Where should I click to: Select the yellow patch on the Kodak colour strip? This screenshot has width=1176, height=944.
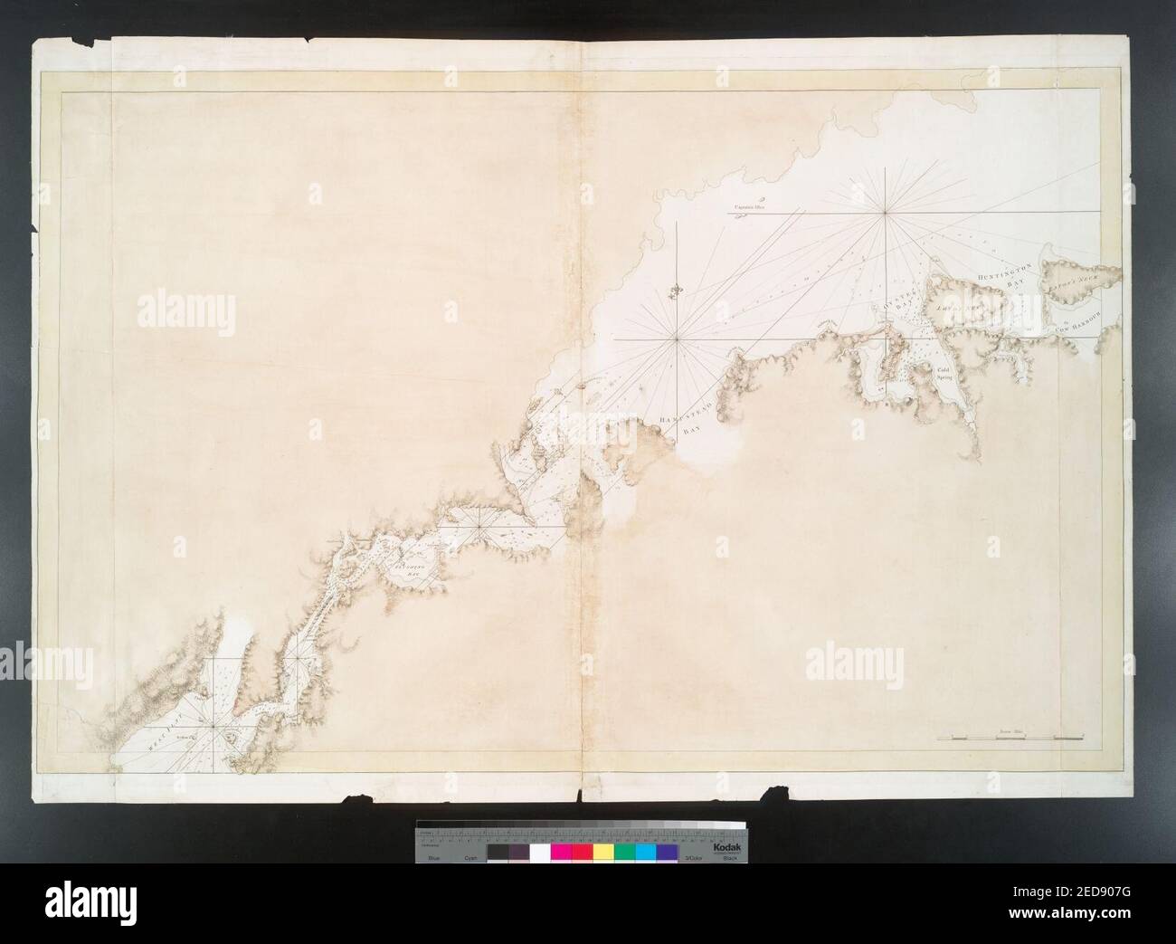click(x=602, y=853)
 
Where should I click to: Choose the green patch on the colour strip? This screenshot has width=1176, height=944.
click(x=624, y=853)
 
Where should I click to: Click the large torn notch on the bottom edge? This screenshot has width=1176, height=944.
click(x=775, y=794)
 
